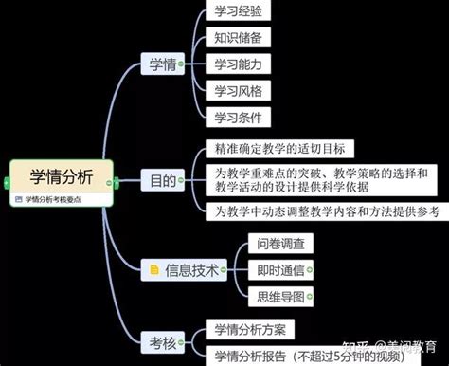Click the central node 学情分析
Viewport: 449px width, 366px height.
(60, 176)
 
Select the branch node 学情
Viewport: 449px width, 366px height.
(160, 64)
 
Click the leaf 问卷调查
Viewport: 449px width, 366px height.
(281, 244)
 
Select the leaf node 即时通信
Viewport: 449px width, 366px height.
(281, 270)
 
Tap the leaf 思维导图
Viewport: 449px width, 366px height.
(281, 297)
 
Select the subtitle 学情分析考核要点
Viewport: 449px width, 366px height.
(59, 199)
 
